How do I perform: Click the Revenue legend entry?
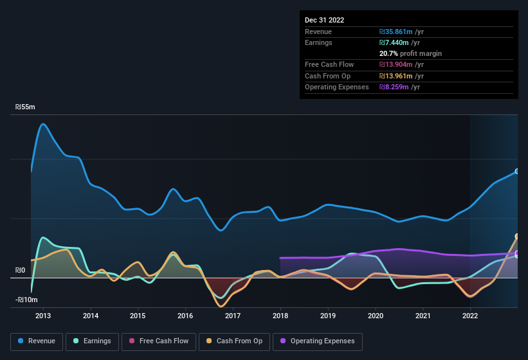pyautogui.click(x=37, y=341)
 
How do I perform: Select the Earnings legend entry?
pyautogui.click(x=93, y=341)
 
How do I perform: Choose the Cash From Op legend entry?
pyautogui.click(x=235, y=341)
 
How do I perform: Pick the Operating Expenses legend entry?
pyautogui.click(x=318, y=341)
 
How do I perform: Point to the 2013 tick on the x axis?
pyautogui.click(x=43, y=316)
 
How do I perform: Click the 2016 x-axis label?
pyautogui.click(x=185, y=316)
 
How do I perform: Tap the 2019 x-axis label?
pyautogui.click(x=328, y=316)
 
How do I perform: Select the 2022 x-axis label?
pyautogui.click(x=470, y=316)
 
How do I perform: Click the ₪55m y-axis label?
pyautogui.click(x=26, y=107)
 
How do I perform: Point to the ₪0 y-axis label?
pyautogui.click(x=21, y=271)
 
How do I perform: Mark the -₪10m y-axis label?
pyautogui.click(x=27, y=300)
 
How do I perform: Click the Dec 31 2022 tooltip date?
pyautogui.click(x=325, y=20)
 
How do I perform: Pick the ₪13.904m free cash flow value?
pyautogui.click(x=402, y=65)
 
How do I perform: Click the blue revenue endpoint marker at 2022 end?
pyautogui.click(x=516, y=172)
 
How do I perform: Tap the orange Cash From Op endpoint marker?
pyautogui.click(x=516, y=237)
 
